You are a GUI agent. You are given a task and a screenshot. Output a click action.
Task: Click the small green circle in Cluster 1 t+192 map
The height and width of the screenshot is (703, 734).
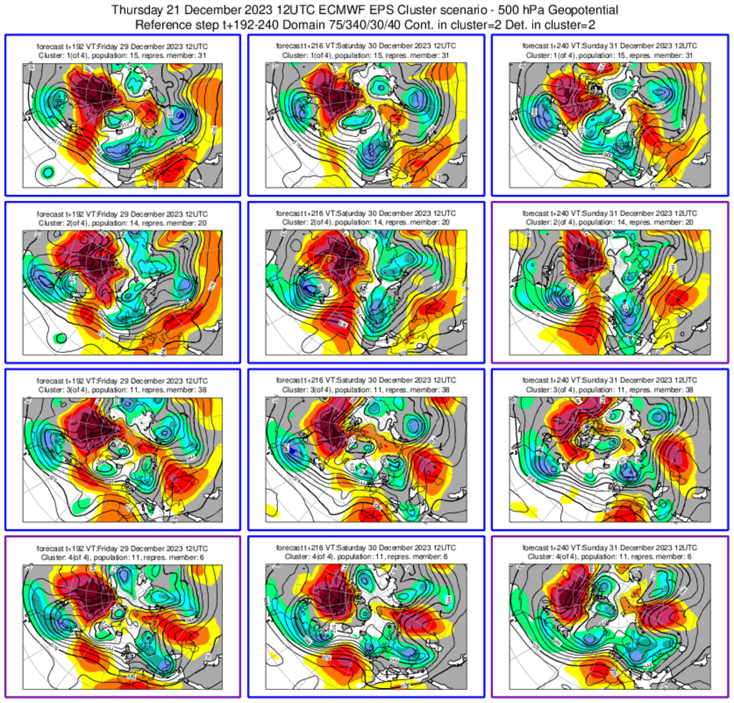pyautogui.click(x=47, y=171)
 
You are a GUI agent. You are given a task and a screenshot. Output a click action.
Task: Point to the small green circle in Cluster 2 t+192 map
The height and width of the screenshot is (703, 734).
pyautogui.click(x=60, y=336)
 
